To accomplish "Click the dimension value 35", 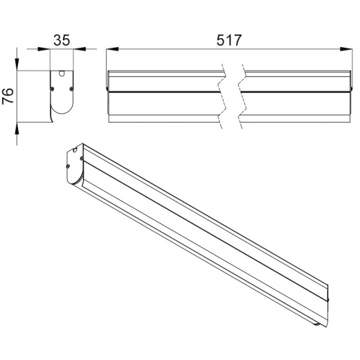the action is click(x=62, y=40).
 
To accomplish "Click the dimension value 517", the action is click(x=229, y=40).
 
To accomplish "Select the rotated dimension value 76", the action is click(x=8, y=96).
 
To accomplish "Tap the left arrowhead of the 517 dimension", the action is click(x=112, y=49).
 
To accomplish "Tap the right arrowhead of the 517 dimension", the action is click(x=346, y=49).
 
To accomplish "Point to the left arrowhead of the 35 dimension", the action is click(x=44, y=49).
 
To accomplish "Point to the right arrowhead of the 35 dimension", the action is click(x=80, y=49).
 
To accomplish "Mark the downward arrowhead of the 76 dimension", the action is click(x=17, y=64).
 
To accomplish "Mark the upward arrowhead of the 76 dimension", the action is click(x=17, y=128).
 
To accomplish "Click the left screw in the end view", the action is click(x=52, y=88).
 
